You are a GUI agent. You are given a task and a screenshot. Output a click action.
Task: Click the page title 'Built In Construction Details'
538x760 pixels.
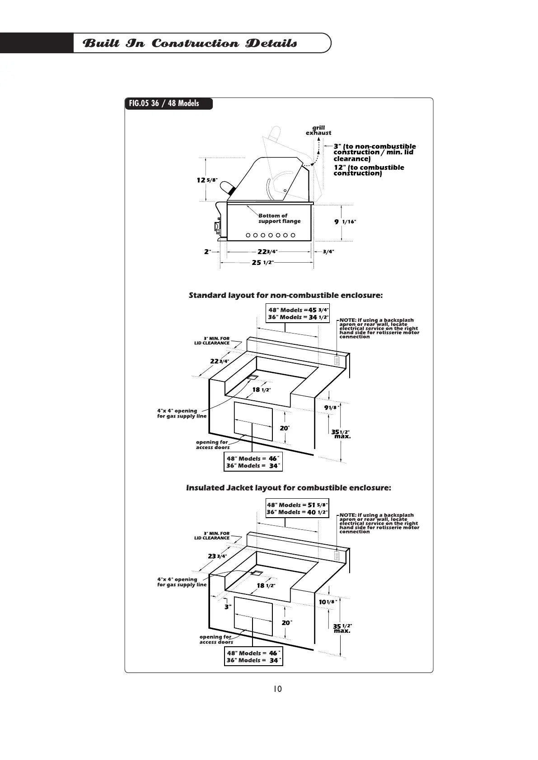[x=190, y=43]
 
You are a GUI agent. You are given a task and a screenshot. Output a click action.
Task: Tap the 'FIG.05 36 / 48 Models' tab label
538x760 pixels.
[x=164, y=103]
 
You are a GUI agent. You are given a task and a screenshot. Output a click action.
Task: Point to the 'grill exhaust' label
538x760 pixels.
[x=318, y=130]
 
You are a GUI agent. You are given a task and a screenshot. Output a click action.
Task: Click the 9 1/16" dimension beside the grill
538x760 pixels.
[x=345, y=222]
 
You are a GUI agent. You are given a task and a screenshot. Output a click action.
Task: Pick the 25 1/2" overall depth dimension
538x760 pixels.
[x=262, y=262]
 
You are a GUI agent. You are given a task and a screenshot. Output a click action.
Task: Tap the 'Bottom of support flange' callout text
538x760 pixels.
[x=279, y=218]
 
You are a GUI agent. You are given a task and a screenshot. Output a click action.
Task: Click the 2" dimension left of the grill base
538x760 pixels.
[x=207, y=252]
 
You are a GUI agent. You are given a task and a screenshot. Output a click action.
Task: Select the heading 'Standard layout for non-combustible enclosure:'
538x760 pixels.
[x=285, y=295]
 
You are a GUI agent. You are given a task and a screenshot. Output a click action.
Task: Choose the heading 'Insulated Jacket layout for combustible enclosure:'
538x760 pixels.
[x=289, y=488]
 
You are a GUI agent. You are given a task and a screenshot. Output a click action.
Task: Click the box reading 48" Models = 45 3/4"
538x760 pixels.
[x=298, y=313]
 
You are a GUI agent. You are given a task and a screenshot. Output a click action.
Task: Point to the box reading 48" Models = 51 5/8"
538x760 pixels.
[x=297, y=508]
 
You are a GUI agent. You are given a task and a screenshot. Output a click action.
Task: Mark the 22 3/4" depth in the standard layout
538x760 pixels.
[x=220, y=361]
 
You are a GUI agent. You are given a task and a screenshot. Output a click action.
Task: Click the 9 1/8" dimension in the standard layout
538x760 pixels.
[x=332, y=408]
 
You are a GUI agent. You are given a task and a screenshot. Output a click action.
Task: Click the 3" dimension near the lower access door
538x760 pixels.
[x=228, y=607]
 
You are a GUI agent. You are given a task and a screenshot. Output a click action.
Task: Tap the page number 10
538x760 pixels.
[x=277, y=689]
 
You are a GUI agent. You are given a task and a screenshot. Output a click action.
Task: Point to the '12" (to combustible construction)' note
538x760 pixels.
[x=369, y=170]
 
